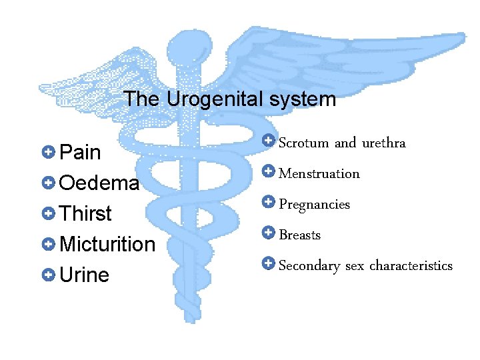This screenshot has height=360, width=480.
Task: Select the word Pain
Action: [x=80, y=153]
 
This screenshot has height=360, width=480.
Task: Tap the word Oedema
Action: [x=99, y=183]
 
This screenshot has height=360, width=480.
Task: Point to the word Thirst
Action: [x=85, y=214]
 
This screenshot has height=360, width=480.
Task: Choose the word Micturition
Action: [x=107, y=245]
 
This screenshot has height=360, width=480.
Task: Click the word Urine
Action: [x=84, y=275]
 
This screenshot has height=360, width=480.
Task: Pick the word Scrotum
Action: [x=303, y=143]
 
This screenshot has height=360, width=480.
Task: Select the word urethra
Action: [x=383, y=143]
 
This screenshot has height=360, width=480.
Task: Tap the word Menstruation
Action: [x=319, y=174]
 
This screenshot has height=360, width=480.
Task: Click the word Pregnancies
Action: [x=313, y=205]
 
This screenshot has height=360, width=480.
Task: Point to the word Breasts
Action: [x=299, y=235]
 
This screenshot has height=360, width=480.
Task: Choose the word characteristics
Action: [x=411, y=266]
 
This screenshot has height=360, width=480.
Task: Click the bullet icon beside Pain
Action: [x=47, y=152]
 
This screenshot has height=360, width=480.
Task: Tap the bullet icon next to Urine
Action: [x=47, y=275]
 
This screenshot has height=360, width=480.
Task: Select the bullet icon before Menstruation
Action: [x=268, y=171]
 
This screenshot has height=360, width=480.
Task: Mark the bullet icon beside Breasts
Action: [x=268, y=233]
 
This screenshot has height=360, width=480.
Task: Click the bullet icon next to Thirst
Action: [x=47, y=213]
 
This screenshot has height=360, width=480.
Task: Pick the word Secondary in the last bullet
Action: [x=309, y=266]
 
